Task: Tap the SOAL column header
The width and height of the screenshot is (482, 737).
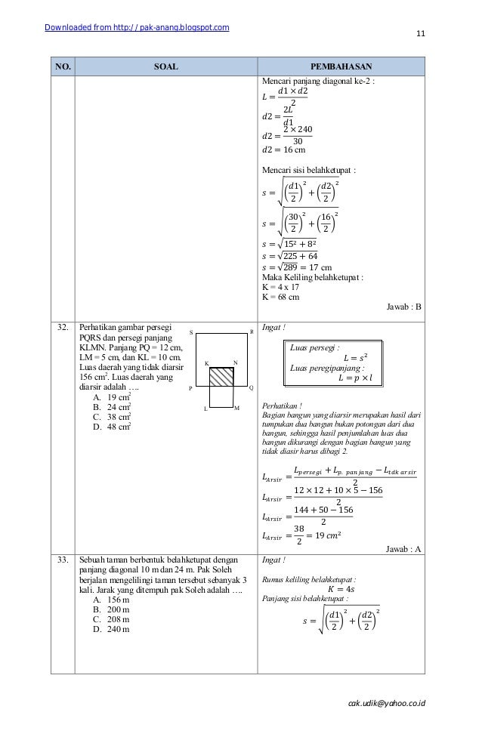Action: pos(165,66)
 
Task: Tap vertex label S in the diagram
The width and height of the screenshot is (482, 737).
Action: pos(191,332)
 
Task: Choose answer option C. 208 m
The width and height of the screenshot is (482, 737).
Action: pos(109,618)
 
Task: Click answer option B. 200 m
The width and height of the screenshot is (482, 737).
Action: pos(109,608)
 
